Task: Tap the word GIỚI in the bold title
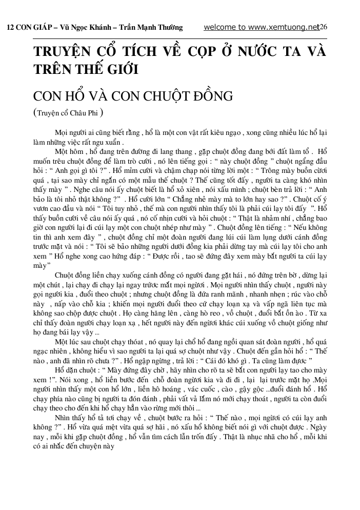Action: [117, 69]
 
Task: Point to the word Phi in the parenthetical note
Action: [92, 114]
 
